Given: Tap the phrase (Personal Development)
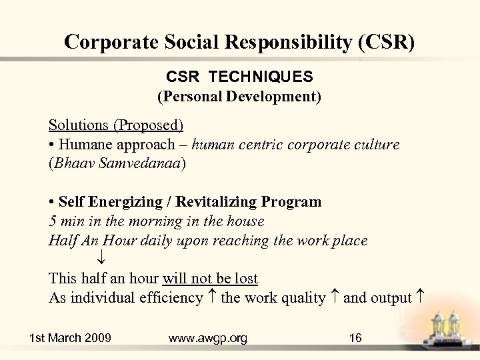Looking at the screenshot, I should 239,97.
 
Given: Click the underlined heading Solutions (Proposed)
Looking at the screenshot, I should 116,125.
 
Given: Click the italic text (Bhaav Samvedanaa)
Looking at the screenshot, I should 118,164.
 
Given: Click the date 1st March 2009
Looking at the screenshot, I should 70,338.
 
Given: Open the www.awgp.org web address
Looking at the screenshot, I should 208,338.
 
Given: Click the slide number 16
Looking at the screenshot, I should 355,338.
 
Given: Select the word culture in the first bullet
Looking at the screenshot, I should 378,144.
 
